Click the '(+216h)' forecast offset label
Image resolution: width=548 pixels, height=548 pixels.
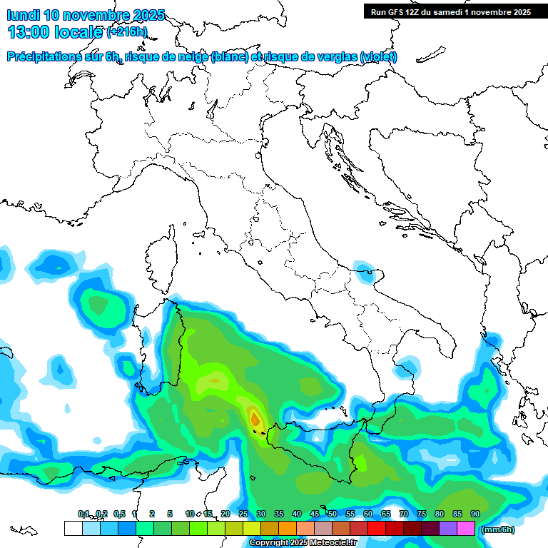(126, 32)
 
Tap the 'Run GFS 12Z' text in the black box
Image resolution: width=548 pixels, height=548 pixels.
(397, 12)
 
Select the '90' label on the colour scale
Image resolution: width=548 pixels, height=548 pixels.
(475, 514)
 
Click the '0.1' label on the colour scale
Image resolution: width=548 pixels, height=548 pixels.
(83, 514)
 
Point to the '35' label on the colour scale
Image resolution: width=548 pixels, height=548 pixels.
(279, 514)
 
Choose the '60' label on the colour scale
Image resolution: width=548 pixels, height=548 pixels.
(368, 514)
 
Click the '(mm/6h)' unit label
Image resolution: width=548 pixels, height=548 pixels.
(497, 530)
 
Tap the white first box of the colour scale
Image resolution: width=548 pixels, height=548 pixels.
(73, 529)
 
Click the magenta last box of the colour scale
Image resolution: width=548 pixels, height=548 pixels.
(466, 529)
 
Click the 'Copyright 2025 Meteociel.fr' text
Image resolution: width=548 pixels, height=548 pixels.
(303, 543)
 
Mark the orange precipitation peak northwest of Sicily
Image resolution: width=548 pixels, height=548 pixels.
(255, 417)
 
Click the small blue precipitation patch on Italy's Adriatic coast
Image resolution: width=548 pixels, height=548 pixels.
(366, 269)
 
